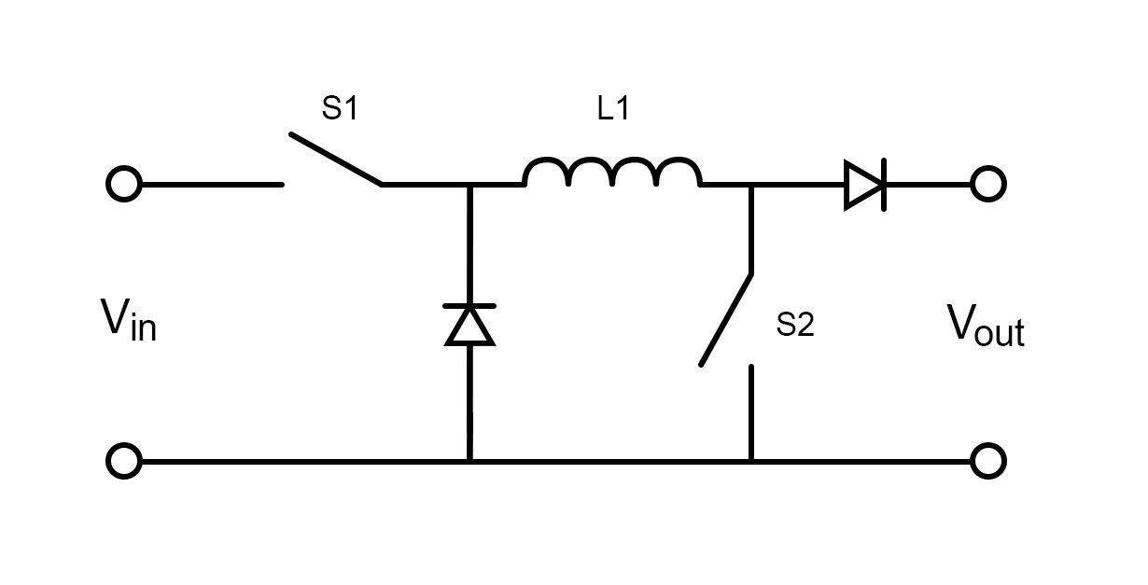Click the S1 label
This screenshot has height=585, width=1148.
point(340,110)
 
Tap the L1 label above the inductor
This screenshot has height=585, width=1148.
point(613,110)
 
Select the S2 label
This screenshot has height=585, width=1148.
point(795,326)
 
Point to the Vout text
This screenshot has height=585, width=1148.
point(986,326)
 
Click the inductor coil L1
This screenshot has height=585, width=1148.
point(611,174)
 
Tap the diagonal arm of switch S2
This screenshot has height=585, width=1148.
point(726,319)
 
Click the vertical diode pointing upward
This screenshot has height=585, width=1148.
point(469,325)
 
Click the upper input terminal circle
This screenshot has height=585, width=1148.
point(124,185)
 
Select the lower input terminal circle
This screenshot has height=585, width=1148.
point(124,461)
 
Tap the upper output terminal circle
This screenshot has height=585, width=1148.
point(987,185)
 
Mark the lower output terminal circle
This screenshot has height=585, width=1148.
point(987,461)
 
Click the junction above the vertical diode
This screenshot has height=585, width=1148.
point(469,185)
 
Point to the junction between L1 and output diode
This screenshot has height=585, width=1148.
point(751,185)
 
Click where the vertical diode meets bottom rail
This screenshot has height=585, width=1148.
point(469,461)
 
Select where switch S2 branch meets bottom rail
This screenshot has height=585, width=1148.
point(751,461)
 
